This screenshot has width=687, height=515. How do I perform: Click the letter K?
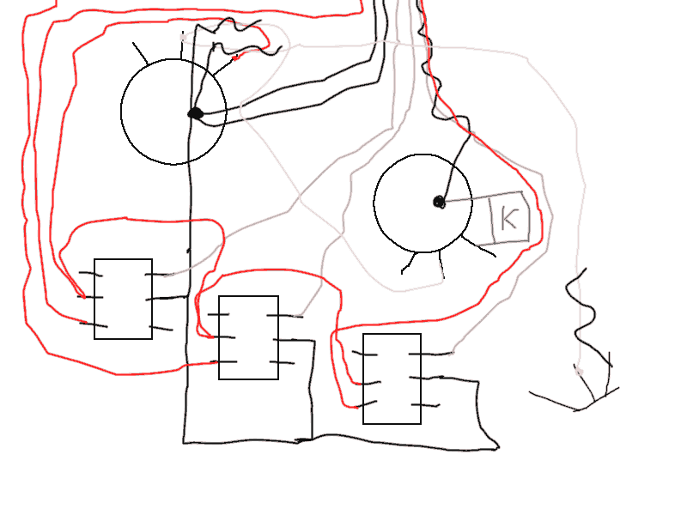pyautogui.click(x=508, y=218)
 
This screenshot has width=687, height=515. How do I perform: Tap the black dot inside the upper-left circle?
pyautogui.click(x=196, y=113)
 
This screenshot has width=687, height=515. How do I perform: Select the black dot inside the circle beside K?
pyautogui.click(x=439, y=203)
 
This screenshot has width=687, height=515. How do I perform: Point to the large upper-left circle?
pyautogui.click(x=121, y=112)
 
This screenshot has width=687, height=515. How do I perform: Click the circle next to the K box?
pyautogui.click(x=374, y=203)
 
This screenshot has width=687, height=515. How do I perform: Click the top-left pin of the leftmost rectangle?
pyautogui.click(x=90, y=274)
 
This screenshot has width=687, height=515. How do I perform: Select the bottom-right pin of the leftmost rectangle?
pyautogui.click(x=161, y=328)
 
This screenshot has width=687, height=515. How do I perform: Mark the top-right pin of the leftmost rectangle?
pyautogui.click(x=156, y=275)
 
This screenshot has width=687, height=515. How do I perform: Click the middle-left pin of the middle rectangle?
pyautogui.click(x=223, y=337)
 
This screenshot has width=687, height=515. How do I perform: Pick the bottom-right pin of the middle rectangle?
pyautogui.click(x=282, y=362)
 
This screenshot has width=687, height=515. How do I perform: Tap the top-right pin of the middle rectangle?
pyautogui.click(x=284, y=315)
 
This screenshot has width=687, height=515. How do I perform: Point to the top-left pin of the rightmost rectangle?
pyautogui.click(x=364, y=354)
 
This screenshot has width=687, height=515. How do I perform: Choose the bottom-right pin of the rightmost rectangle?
pyautogui.click(x=425, y=405)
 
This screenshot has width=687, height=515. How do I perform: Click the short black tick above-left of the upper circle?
pyautogui.click(x=140, y=53)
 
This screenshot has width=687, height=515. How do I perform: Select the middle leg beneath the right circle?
pyautogui.click(x=441, y=265)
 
